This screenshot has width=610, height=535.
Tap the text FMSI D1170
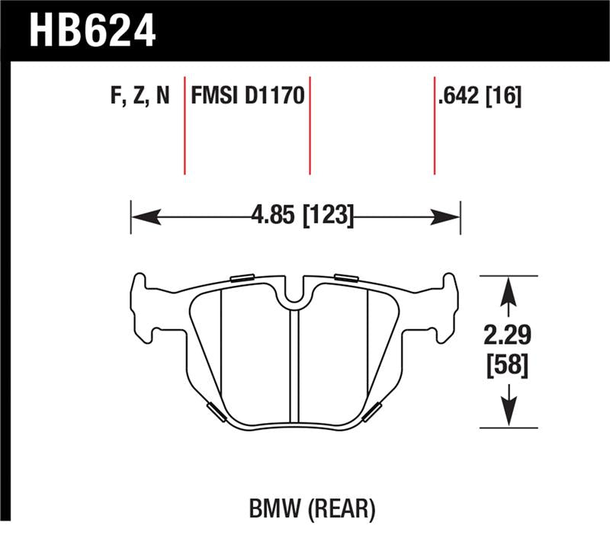point(247,98)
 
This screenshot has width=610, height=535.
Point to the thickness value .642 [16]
point(480,98)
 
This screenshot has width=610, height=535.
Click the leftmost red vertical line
point(185,125)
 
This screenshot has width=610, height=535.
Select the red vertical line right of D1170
point(310,125)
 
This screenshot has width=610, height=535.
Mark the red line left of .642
point(434,125)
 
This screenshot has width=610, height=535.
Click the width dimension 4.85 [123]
point(302,216)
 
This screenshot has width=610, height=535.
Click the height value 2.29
point(506,335)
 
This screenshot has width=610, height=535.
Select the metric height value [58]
point(506,366)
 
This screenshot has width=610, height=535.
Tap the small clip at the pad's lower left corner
point(217,412)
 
